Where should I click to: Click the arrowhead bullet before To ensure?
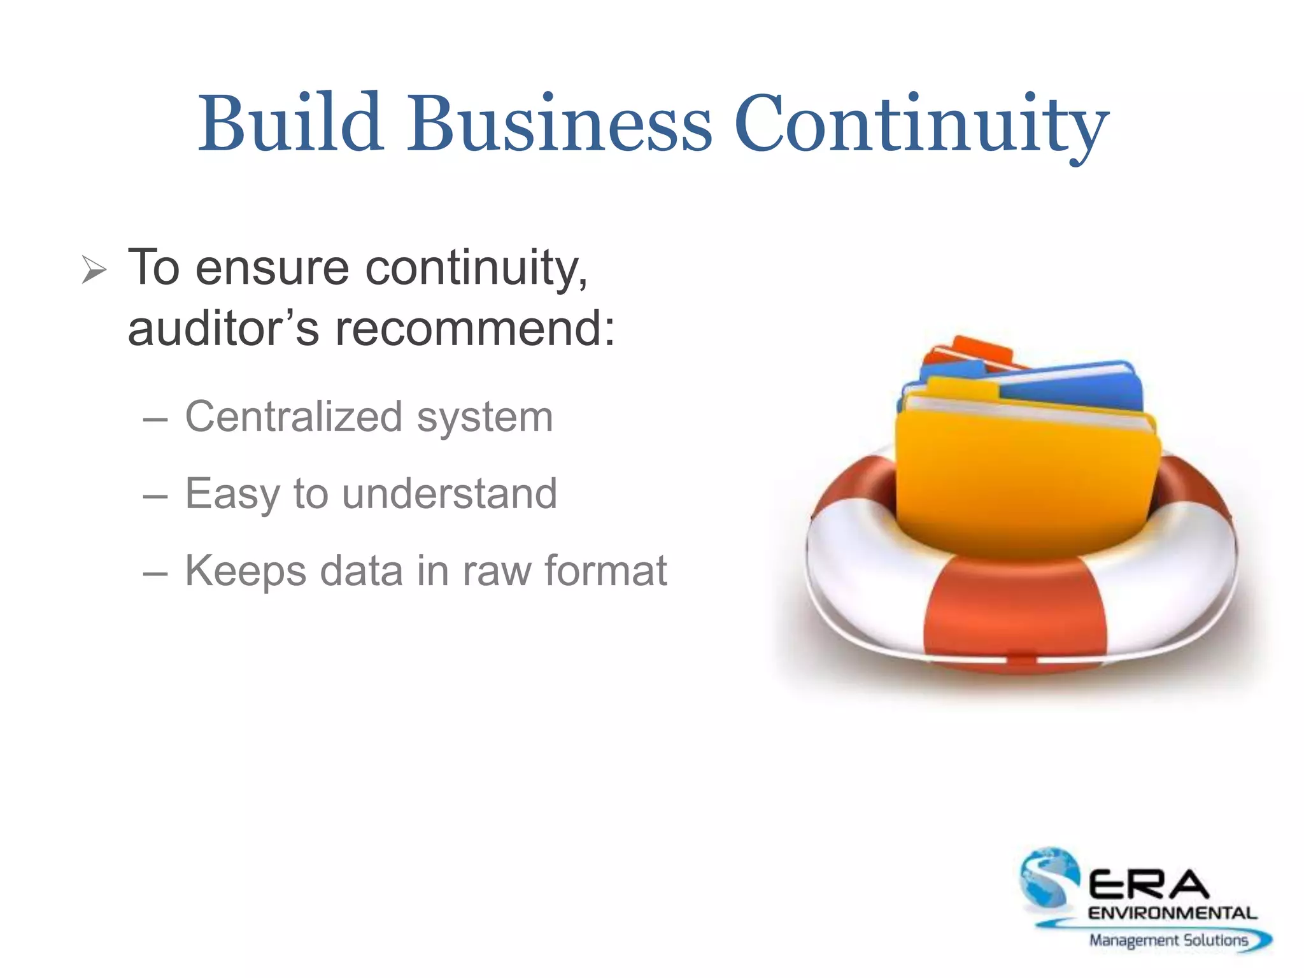[x=94, y=270]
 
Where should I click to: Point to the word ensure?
[x=272, y=268]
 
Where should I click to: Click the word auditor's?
[x=223, y=329]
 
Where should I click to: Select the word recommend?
[x=476, y=329]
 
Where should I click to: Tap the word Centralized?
[x=294, y=417]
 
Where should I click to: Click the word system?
[x=485, y=419]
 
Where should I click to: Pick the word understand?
[x=450, y=493]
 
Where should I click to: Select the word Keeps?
[x=246, y=571]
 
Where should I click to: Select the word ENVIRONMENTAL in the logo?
[x=1172, y=913]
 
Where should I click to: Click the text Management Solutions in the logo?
[x=1168, y=940]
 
